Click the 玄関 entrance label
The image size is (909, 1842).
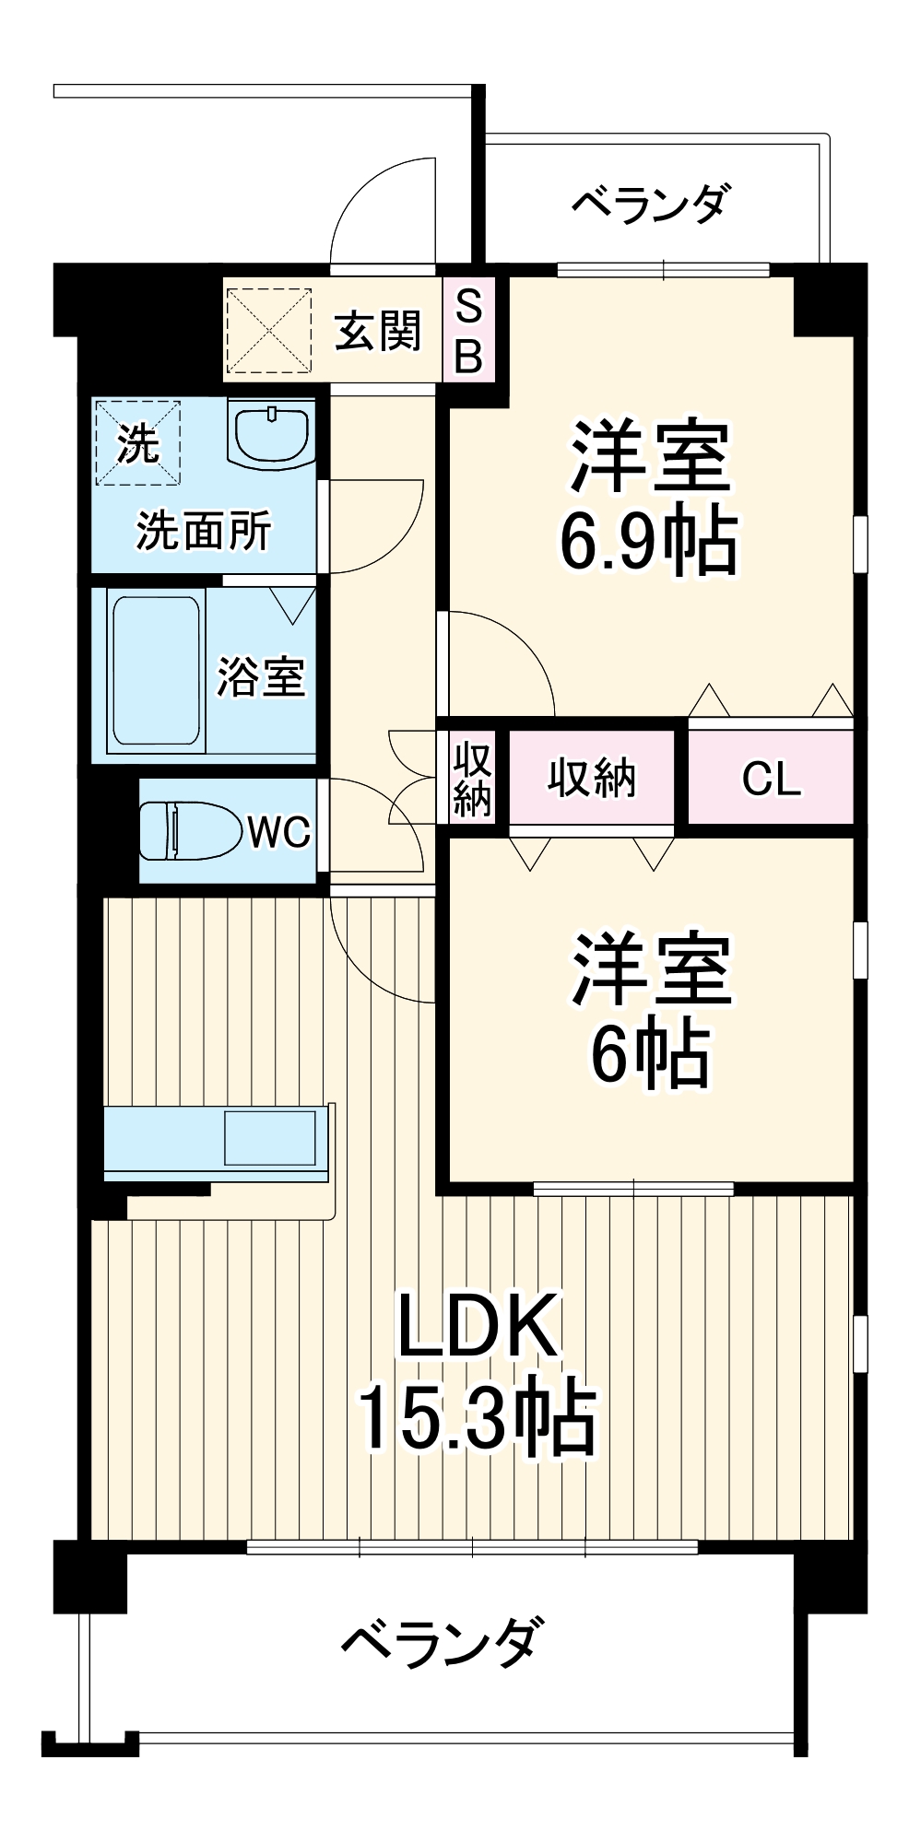click(377, 330)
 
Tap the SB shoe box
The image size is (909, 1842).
click(468, 330)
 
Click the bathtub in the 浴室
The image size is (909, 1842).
click(154, 670)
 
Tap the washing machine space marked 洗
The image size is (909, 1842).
click(137, 443)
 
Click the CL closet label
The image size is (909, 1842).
click(771, 780)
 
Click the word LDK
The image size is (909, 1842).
click(478, 1326)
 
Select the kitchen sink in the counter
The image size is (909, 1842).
click(269, 1137)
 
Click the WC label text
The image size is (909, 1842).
click(278, 832)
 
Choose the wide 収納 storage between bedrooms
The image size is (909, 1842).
click(591, 779)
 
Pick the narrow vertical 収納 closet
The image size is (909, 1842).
click(472, 780)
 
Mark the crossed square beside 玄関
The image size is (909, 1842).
click(269, 330)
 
